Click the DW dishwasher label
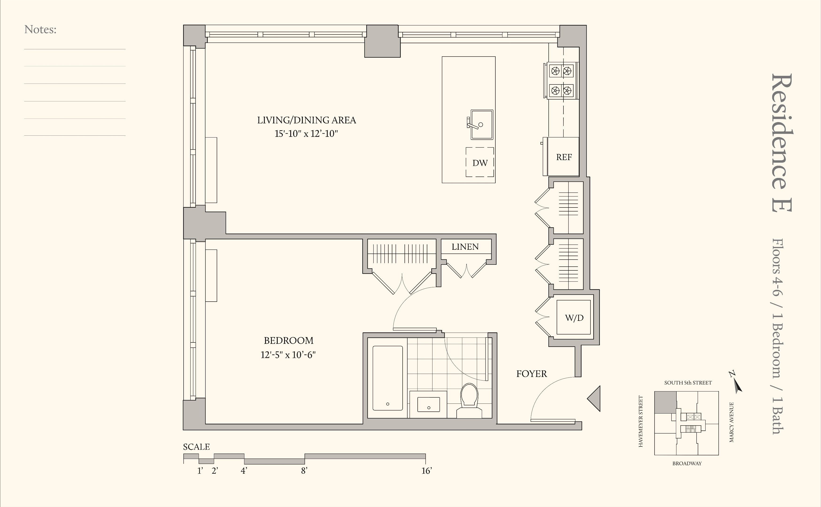(x=480, y=163)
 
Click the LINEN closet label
(x=465, y=247)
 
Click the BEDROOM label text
(x=289, y=341)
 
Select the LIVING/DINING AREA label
(x=307, y=120)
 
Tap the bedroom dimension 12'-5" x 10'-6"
(x=288, y=355)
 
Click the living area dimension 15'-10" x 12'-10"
(x=306, y=134)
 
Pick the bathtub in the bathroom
(x=388, y=378)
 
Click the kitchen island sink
(x=481, y=124)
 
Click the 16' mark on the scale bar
(x=426, y=471)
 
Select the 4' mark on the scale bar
(x=244, y=471)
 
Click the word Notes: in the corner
(x=40, y=30)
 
